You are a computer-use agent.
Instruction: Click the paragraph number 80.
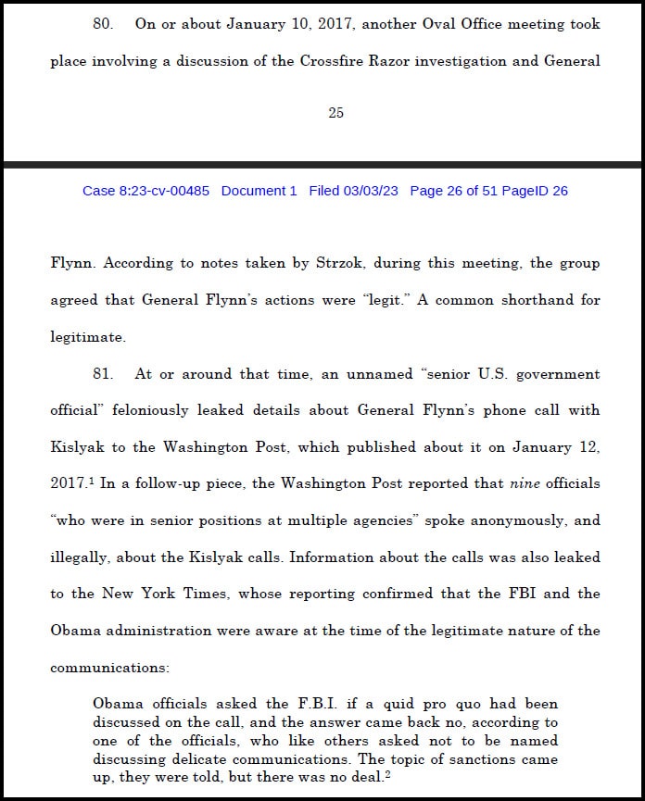[x=103, y=25]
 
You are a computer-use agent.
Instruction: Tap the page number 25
[x=335, y=113]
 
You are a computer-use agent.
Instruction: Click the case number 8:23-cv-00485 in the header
[x=145, y=191]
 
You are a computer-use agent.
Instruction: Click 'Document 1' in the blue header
[x=259, y=191]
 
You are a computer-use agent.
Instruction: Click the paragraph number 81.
[x=103, y=374]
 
